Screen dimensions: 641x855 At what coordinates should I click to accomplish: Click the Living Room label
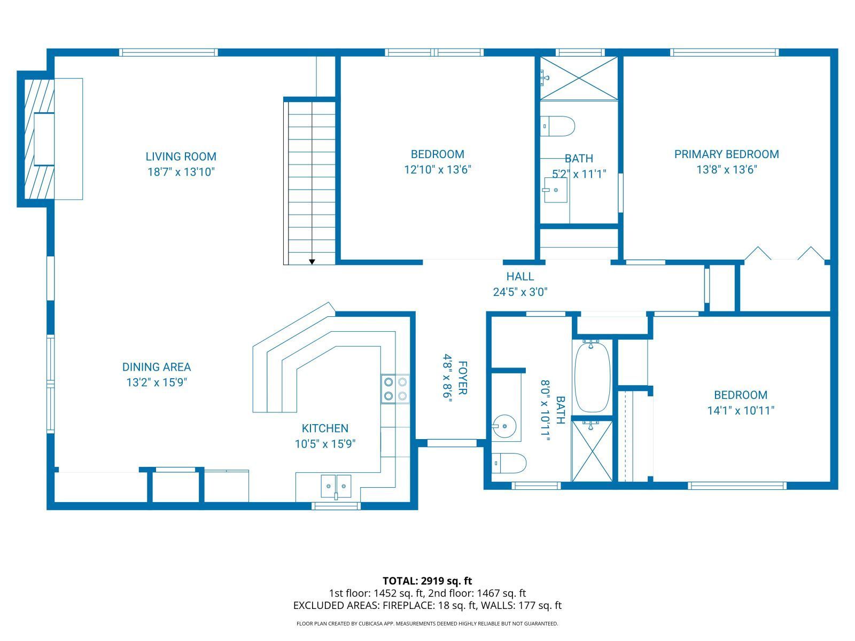click(x=181, y=157)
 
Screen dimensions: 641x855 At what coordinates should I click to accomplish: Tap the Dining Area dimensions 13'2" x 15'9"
click(x=156, y=382)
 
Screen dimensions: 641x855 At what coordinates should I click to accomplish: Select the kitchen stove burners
click(x=395, y=389)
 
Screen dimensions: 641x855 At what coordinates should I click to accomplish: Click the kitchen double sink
click(x=336, y=486)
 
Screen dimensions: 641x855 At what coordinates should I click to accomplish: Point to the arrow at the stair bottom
click(x=312, y=261)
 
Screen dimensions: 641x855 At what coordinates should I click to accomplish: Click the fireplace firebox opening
click(x=44, y=139)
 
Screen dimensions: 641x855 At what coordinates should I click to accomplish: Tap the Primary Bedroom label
click(x=726, y=154)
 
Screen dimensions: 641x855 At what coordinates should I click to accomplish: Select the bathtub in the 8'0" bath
click(x=592, y=377)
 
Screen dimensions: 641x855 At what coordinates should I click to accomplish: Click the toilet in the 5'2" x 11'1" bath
click(x=558, y=126)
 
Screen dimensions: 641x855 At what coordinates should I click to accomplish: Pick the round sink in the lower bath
click(x=504, y=427)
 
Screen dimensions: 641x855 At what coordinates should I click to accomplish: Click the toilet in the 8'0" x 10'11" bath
click(x=509, y=463)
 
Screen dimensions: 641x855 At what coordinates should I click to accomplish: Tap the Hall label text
click(x=520, y=277)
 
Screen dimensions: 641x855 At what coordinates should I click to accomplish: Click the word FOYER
click(x=463, y=378)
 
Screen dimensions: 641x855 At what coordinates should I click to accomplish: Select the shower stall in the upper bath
click(x=579, y=79)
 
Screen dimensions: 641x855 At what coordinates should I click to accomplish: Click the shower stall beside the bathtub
click(x=592, y=451)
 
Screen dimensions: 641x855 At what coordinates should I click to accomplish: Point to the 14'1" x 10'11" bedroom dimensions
click(x=741, y=411)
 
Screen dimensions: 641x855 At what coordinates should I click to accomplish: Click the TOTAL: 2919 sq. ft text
click(x=427, y=581)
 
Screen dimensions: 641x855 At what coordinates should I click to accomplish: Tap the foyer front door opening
click(x=452, y=443)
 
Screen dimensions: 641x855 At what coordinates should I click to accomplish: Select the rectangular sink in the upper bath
click(x=555, y=190)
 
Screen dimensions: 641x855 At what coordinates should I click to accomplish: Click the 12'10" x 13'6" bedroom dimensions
click(x=437, y=170)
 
